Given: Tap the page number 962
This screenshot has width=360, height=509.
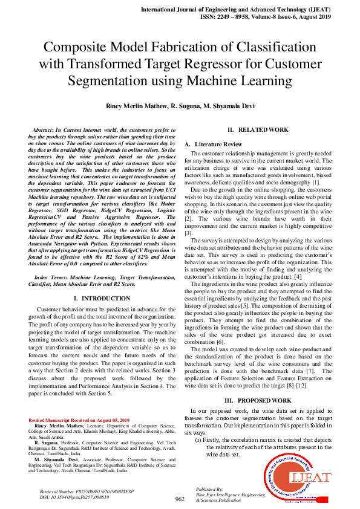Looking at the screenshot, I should point(180,499).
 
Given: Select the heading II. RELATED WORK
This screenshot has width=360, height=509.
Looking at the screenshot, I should point(258,130).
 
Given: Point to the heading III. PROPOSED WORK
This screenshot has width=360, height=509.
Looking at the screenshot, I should point(258,400).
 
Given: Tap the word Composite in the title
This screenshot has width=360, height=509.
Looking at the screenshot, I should point(78,48).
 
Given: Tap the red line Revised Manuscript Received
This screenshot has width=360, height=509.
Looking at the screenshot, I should point(79,420).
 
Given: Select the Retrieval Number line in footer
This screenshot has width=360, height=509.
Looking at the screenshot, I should point(79,491).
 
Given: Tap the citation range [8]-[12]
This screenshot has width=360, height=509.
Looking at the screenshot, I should point(284,385).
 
